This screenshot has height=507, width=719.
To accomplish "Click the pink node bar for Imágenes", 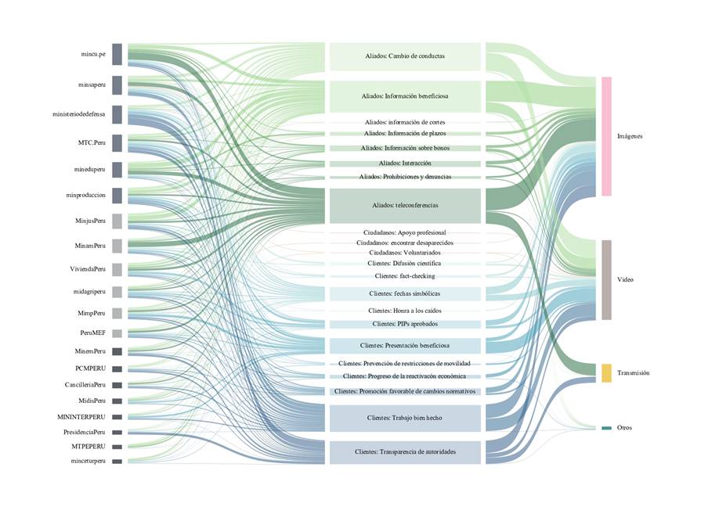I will (x=606, y=136).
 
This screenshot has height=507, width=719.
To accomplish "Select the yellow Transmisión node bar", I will (x=606, y=373).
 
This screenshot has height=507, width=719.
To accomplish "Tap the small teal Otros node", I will (x=606, y=428).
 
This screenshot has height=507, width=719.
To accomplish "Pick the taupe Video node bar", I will (x=606, y=279).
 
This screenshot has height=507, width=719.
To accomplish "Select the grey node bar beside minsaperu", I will (x=117, y=84).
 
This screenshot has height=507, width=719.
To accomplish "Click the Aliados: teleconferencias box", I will (x=404, y=206).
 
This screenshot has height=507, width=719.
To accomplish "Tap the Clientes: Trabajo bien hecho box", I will (x=404, y=418).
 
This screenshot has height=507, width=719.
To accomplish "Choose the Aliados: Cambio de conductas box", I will (x=404, y=56).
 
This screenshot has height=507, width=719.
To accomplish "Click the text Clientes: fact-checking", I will (x=404, y=276).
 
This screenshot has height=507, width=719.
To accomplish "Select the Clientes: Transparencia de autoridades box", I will (x=404, y=452).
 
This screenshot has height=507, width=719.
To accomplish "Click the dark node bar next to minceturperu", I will (x=117, y=462).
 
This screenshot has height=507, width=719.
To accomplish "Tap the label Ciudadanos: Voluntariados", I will (x=404, y=253).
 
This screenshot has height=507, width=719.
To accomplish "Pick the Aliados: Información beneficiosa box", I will (x=404, y=96).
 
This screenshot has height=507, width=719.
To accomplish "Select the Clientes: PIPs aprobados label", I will (x=404, y=324).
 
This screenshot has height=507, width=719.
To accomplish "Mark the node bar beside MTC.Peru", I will (x=117, y=143).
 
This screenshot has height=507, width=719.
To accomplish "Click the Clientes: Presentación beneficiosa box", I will (x=404, y=345).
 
